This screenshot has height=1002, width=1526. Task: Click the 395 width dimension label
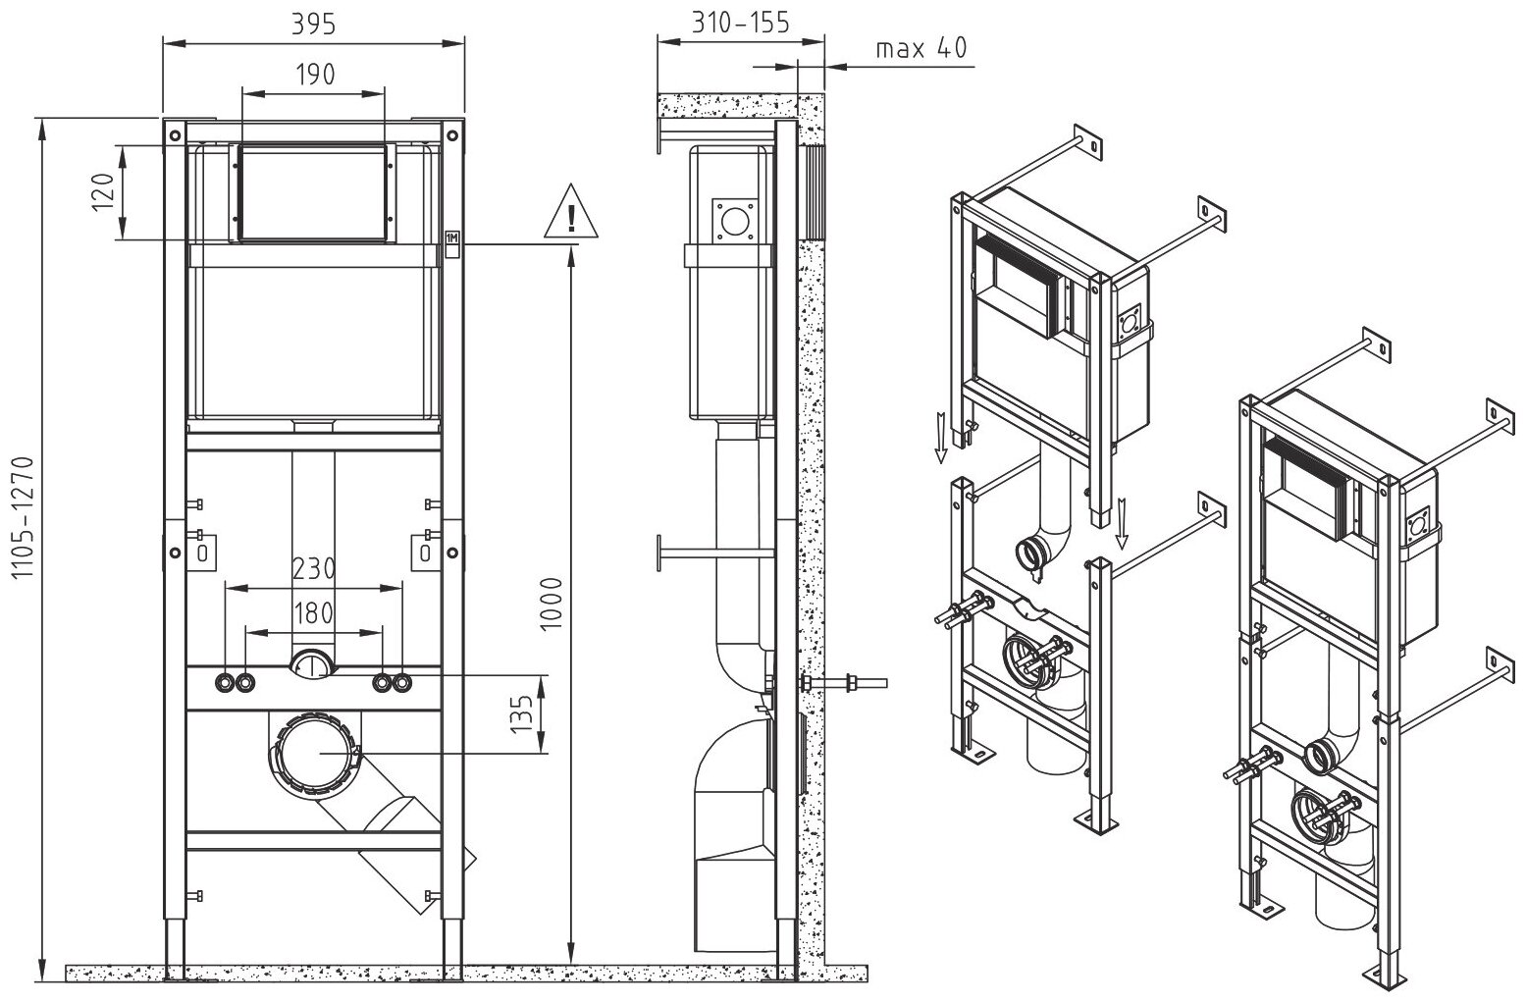tap(313, 25)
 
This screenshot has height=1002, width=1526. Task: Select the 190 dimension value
tap(313, 74)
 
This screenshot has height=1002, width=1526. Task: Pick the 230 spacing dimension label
tap(313, 568)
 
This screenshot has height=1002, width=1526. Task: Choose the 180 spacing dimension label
tap(313, 613)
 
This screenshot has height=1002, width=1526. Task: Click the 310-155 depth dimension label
tap(739, 23)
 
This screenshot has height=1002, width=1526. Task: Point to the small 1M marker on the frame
tap(452, 237)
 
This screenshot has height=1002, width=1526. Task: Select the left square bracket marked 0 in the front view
tap(202, 551)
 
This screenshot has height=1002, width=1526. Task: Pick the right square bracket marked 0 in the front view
tap(425, 551)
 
